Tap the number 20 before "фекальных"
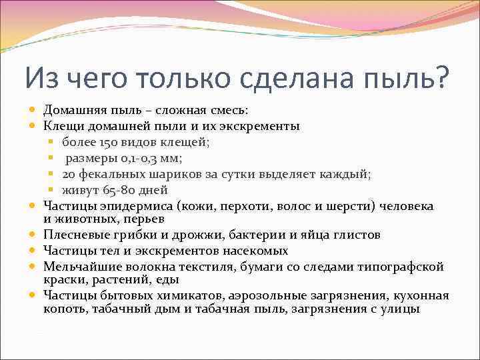pos(70,173)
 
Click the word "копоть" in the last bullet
pos(63,309)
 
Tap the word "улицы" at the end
pos(400,309)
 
